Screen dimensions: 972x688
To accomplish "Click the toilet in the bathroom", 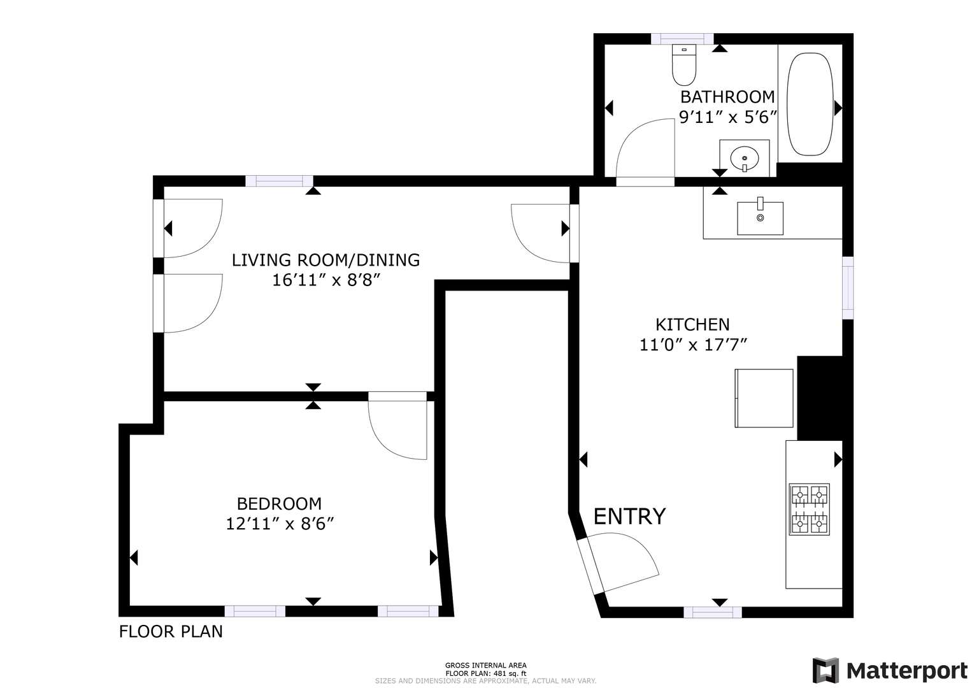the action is [684, 65].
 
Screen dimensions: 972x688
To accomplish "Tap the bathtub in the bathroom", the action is [810, 104].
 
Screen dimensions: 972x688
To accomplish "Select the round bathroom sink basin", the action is [745, 159].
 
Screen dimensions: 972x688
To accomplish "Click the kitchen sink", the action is [761, 218].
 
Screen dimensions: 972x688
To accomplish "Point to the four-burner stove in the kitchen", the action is [810, 509].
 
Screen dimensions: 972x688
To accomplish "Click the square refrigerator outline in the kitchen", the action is [764, 398].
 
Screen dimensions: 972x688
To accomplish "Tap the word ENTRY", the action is [629, 517].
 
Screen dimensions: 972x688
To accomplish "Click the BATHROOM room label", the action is [727, 97].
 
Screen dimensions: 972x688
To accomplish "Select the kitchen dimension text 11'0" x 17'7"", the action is [693, 345].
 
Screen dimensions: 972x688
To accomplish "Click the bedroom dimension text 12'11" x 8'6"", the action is [280, 524].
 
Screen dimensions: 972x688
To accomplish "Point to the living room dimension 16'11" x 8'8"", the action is [326, 280].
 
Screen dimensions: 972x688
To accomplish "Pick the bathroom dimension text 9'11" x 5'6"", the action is [727, 117].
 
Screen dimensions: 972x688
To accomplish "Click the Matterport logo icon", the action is [825, 671].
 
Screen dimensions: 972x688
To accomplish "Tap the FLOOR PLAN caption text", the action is [171, 631].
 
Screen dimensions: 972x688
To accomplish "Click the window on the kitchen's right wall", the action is [847, 288].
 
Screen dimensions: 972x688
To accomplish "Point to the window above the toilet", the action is [683, 39].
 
